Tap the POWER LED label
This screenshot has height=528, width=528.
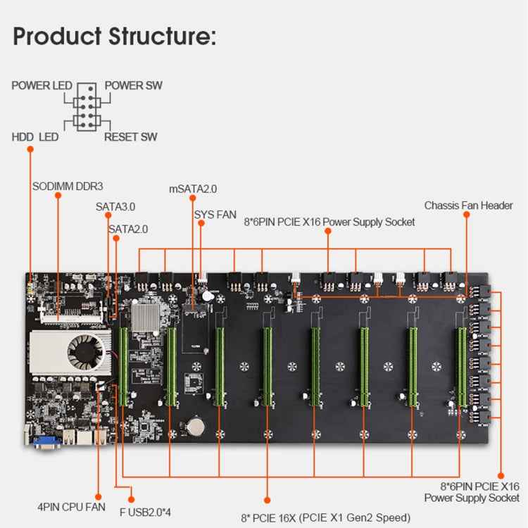[x=42, y=86]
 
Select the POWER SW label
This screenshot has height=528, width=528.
[x=133, y=86]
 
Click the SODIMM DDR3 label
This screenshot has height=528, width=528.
[x=68, y=187]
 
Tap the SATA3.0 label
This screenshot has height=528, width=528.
[x=115, y=207]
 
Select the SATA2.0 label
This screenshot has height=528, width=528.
[x=128, y=229]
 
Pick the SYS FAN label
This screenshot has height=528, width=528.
[x=215, y=213]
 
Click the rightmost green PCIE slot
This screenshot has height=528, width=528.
[x=461, y=366]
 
